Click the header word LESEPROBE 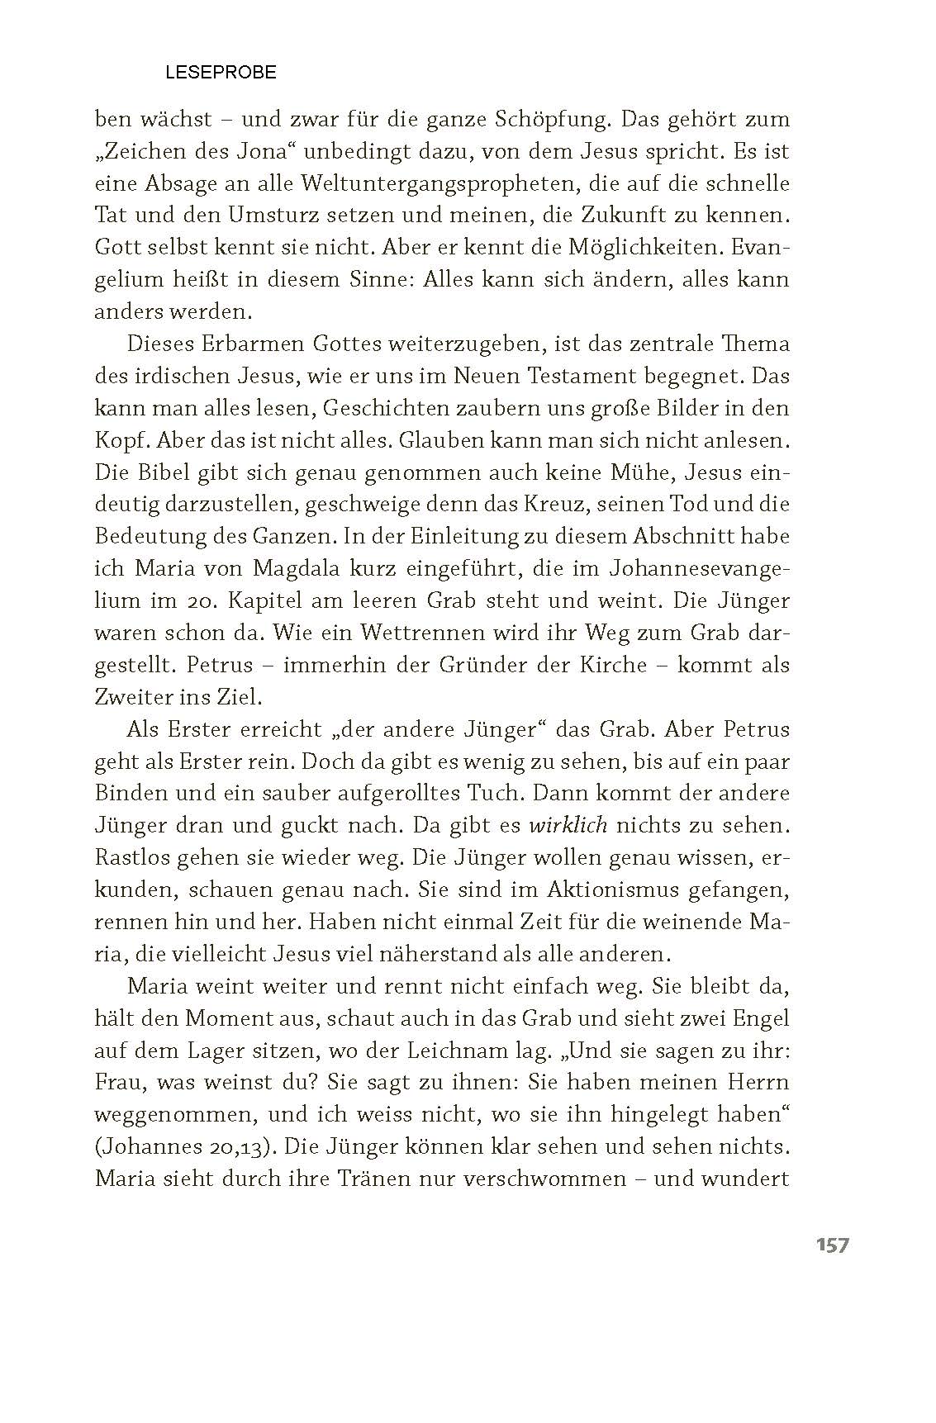(221, 73)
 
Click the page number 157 (832, 1245)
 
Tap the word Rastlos (128, 857)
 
